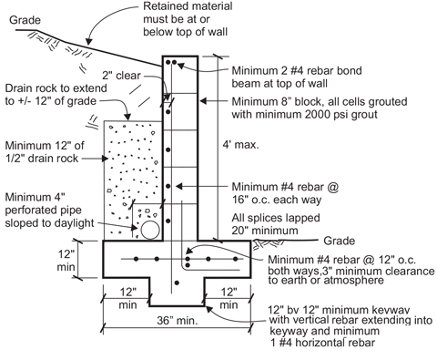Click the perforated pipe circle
point(150,230)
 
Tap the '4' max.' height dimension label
point(241,145)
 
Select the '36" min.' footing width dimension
point(178,320)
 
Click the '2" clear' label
point(121,76)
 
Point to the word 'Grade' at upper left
point(25,20)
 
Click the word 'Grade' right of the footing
point(340,241)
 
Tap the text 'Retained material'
point(188,6)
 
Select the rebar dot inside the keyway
point(177,283)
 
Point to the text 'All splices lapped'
point(276,218)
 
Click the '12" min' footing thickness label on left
point(66,261)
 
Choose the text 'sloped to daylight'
point(49,222)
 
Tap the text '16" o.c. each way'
point(277,200)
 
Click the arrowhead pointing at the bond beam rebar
point(180,65)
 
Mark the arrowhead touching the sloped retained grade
point(88,42)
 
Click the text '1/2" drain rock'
point(42,159)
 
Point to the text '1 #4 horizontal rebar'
point(322,343)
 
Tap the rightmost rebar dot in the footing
point(236,259)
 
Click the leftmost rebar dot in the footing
point(137,259)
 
